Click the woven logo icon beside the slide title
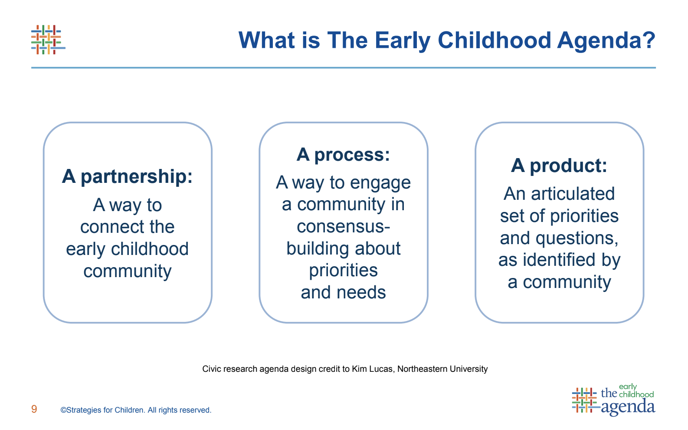point(48,40)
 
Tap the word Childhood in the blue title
point(494,40)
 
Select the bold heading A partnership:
point(127,177)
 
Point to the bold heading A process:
point(343,155)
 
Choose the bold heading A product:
point(559,166)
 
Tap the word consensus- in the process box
point(344,227)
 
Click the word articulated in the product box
point(573,194)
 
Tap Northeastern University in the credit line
point(442,369)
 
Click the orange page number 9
point(34,409)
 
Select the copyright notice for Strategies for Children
point(136,410)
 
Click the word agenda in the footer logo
point(628,407)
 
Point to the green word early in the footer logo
point(628,387)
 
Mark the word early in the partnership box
point(86,249)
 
